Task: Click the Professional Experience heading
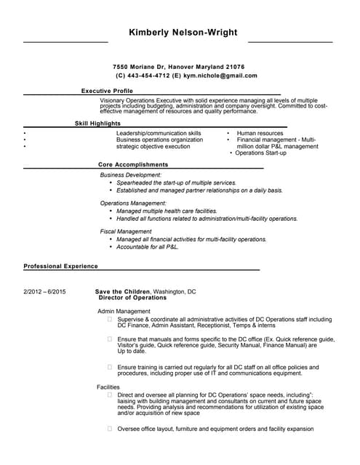coord(60,267)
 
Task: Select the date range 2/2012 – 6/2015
coord(45,291)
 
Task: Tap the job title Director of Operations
coord(132,298)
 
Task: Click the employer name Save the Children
coord(122,291)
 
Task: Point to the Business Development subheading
coord(130,175)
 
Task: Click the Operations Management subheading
coord(133,203)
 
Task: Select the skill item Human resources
coord(260,134)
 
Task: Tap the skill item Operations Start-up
coord(261,153)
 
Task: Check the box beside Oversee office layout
coord(110,429)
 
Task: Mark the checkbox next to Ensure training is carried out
coord(110,367)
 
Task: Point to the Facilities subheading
coord(108,387)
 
